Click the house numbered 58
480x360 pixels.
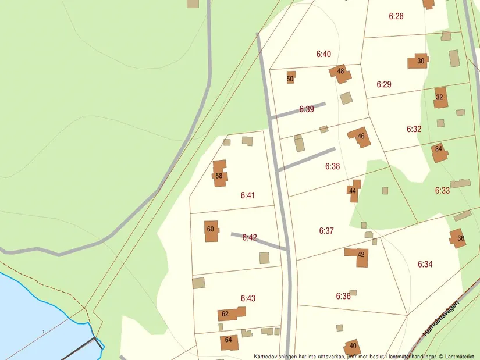coord(219,174)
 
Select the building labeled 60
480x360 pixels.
coord(211,230)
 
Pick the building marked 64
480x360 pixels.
coord(229,341)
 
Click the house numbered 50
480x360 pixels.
coord(290,78)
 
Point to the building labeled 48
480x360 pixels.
coord(340,73)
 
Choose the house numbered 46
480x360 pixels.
coord(361,137)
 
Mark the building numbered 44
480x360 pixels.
coord(353,190)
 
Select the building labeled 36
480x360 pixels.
coord(458,238)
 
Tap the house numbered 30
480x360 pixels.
coord(419,61)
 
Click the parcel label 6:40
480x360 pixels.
coord(323,54)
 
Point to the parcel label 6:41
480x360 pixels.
coord(248,195)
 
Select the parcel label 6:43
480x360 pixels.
coord(248,298)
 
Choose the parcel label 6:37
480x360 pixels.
coord(326,231)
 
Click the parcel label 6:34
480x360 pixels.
coord(425,264)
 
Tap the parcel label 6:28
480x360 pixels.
coord(396,16)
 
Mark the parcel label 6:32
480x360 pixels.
coord(414,129)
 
